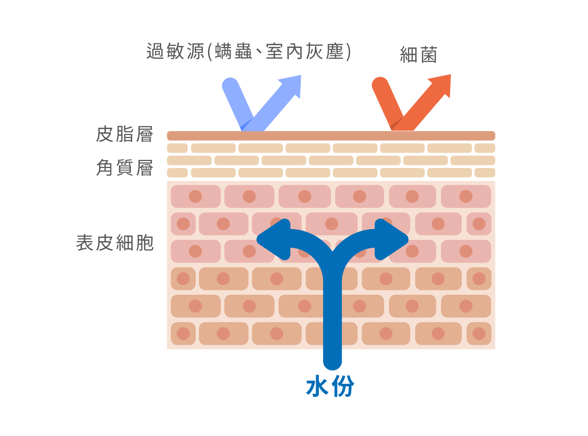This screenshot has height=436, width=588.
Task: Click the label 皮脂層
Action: pos(125,134)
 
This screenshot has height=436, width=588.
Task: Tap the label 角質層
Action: pos(125,168)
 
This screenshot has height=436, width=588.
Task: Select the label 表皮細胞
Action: pos(115,243)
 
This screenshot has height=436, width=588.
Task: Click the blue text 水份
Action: pos(330,386)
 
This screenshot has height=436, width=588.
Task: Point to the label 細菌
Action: pos(419,55)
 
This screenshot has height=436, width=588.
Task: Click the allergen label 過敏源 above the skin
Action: pos(175,51)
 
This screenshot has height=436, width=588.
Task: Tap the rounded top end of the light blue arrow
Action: pos(230,86)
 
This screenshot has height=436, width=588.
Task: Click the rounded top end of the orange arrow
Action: pos(380,85)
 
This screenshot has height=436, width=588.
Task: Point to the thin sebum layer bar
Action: pos(331,136)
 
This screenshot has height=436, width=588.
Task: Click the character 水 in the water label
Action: pos(317,386)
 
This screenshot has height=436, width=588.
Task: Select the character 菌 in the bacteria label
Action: pos(429,55)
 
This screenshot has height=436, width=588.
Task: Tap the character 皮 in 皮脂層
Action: pos(105,134)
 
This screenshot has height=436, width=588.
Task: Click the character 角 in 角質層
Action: pos(105,168)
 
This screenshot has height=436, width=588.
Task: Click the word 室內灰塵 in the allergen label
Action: pos(305,51)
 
